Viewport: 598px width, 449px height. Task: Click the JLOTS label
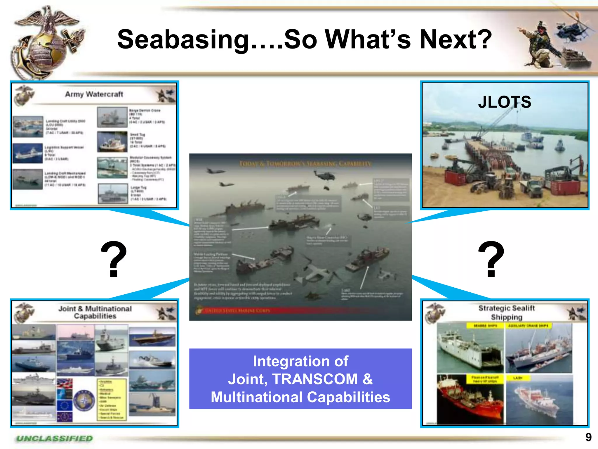pyautogui.click(x=505, y=102)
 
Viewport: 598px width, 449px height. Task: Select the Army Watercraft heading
pyautogui.click(x=94, y=94)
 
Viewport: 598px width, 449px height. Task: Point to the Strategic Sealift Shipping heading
pyautogui.click(x=507, y=312)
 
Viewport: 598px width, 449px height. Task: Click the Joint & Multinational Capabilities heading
pyautogui.click(x=95, y=312)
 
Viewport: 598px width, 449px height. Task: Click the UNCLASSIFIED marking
pyautogui.click(x=55, y=438)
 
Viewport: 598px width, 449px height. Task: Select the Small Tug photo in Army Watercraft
pyautogui.click(x=112, y=141)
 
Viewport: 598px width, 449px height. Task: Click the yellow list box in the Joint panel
pyautogui.click(x=112, y=400)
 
